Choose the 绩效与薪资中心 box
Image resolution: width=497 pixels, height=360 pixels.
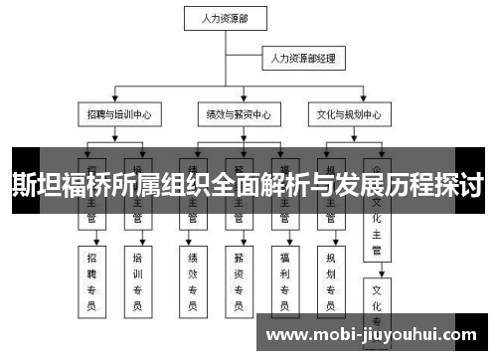point(234,113)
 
